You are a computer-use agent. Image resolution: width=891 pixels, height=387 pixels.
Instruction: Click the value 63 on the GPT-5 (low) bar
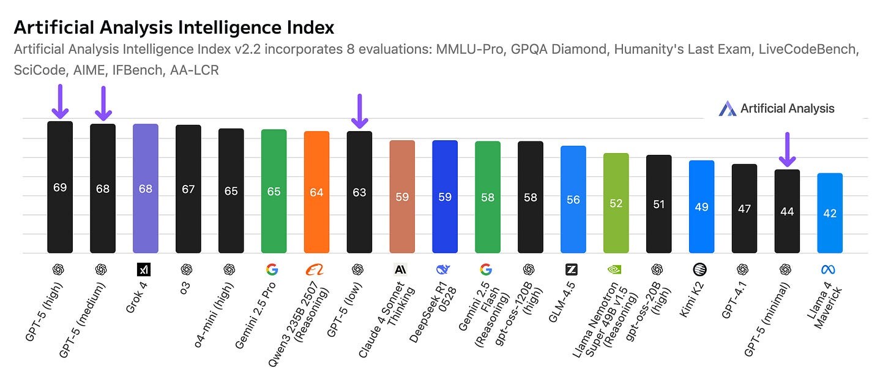click(359, 192)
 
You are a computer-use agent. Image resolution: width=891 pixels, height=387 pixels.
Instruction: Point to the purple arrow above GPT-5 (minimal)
click(787, 150)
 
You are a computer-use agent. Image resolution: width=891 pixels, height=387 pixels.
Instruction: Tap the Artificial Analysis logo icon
click(728, 109)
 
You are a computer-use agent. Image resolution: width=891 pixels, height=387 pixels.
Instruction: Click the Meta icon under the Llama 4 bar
click(830, 269)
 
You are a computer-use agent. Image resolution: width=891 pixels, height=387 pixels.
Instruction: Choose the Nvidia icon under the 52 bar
click(616, 269)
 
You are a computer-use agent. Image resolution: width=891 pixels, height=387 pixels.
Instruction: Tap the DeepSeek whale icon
click(445, 269)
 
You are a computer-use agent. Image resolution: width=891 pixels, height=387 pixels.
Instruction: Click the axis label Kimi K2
click(692, 300)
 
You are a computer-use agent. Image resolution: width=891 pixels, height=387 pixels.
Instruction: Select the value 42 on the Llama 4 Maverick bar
click(830, 214)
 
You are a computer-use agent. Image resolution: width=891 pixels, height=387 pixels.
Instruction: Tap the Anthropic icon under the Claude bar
click(402, 269)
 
